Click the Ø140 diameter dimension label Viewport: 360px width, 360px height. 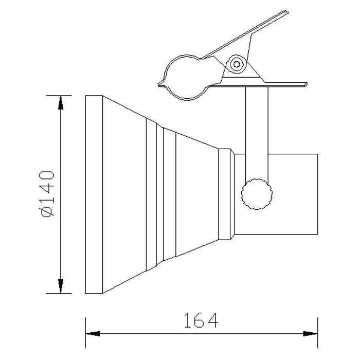point(47,193)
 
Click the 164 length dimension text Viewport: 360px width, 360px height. point(201,320)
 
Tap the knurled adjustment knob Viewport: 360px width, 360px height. point(257,194)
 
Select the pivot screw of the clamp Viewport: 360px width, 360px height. point(237,64)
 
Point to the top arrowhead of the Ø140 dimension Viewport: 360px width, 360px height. point(61,102)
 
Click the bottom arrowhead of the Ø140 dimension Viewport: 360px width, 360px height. point(61,286)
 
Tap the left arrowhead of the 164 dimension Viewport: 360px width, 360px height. point(93,334)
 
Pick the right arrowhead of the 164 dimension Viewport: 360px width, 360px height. point(311,334)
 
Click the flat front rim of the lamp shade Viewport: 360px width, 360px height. point(94,194)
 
